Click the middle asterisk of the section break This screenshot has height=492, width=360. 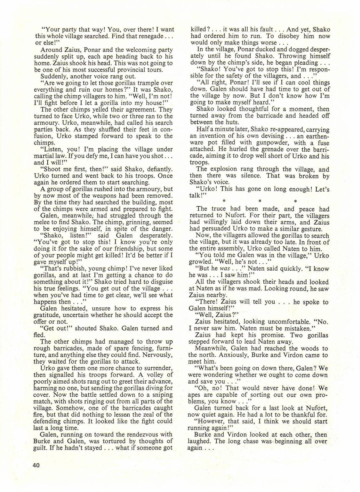click(x=260, y=202)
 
